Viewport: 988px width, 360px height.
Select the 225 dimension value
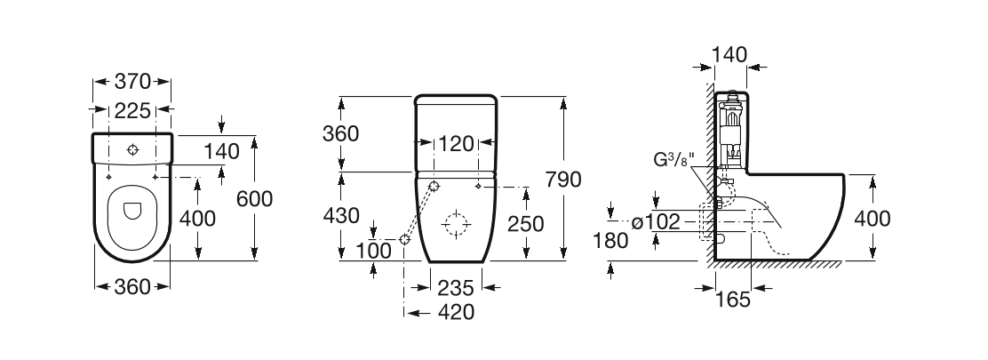(x=131, y=111)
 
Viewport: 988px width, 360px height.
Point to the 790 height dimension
(x=587, y=179)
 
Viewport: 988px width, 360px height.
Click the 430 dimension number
(x=341, y=215)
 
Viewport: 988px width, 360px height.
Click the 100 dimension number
(x=374, y=251)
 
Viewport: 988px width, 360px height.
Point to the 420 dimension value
(x=455, y=312)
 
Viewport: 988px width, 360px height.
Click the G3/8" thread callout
(x=673, y=161)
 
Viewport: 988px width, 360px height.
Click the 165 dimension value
(x=733, y=300)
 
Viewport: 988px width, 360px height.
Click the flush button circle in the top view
(x=132, y=148)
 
